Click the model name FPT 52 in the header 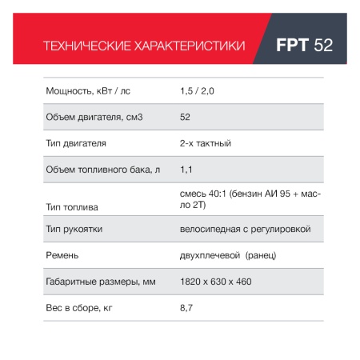point(304,45)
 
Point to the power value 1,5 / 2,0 point(198,91)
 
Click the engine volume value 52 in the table point(186,118)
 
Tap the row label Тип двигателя point(77,143)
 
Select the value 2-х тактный point(206,143)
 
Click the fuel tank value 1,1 point(187,170)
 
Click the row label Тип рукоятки point(74,229)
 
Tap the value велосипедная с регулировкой point(246,229)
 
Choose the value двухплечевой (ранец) point(229,255)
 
